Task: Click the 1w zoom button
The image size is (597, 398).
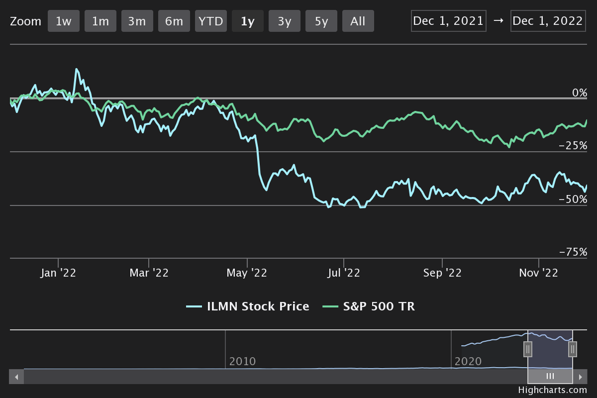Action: [x=63, y=21]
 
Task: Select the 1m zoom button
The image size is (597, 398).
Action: [x=100, y=21]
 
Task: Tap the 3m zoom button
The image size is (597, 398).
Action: [x=137, y=21]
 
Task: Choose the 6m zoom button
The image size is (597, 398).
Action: [x=174, y=21]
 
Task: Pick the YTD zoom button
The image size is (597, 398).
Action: [x=210, y=21]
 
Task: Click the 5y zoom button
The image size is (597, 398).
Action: [x=321, y=21]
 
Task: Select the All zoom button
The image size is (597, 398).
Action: [x=358, y=21]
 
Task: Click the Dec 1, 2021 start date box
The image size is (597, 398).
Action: [x=448, y=21]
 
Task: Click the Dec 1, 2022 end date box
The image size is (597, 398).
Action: [x=548, y=21]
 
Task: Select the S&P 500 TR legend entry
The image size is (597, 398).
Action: [x=369, y=306]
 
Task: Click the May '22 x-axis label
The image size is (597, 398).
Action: [x=247, y=273]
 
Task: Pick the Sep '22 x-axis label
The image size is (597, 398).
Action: [x=442, y=273]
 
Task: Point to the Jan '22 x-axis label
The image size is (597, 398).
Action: [x=58, y=273]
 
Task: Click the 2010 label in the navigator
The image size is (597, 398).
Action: [x=242, y=361]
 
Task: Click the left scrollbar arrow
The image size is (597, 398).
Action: [x=16, y=377]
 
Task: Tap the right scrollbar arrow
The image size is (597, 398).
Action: [x=580, y=377]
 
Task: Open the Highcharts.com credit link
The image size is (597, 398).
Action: [x=552, y=391]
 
